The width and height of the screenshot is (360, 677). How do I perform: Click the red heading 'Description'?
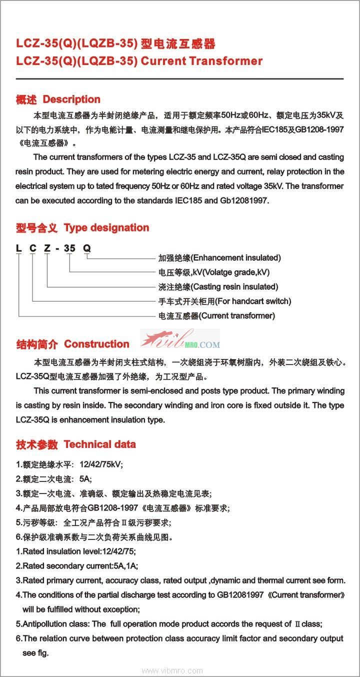click(x=71, y=99)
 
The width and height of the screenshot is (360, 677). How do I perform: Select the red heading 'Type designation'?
click(x=106, y=228)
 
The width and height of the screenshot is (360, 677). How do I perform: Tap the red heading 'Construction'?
click(x=96, y=344)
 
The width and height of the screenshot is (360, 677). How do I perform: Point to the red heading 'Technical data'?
click(x=99, y=444)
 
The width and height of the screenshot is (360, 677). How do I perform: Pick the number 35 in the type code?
click(x=70, y=248)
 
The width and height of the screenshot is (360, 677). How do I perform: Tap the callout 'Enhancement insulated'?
click(x=236, y=258)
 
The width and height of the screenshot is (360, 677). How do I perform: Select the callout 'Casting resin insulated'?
click(x=235, y=287)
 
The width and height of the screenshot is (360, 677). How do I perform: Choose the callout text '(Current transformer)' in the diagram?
click(x=237, y=316)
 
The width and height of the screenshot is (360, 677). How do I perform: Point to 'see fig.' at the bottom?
click(x=35, y=653)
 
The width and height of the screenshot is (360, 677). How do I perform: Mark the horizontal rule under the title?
click(x=179, y=79)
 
